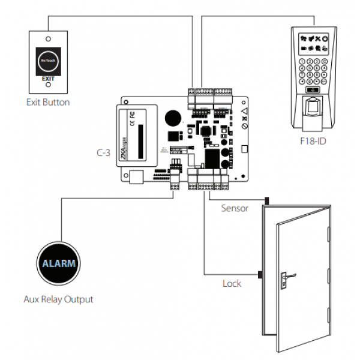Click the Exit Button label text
tap(48, 102)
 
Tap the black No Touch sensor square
tap(48, 61)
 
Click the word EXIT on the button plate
tap(48, 78)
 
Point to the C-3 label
tap(103, 152)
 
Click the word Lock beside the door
tap(232, 283)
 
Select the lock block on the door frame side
tap(261, 275)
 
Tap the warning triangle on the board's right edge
tap(244, 110)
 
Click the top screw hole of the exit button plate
tap(48, 37)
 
